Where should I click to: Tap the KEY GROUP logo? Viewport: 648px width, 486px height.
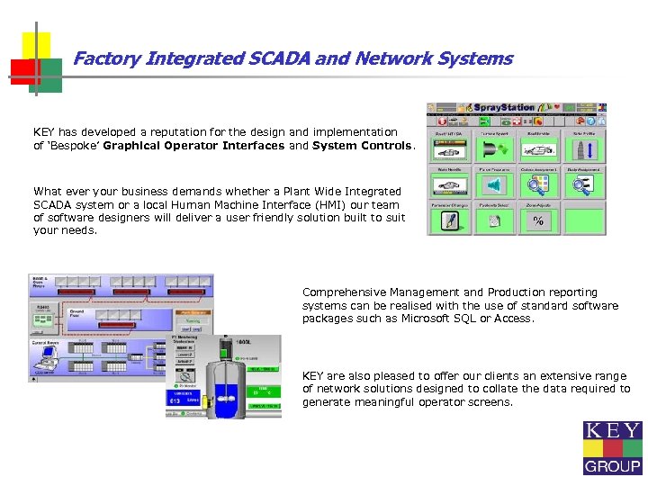[612, 447]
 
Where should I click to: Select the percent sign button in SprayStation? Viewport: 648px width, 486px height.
[537, 220]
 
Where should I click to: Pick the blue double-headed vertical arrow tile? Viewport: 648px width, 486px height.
[581, 148]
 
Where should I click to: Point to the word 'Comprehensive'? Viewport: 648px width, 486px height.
[338, 292]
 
